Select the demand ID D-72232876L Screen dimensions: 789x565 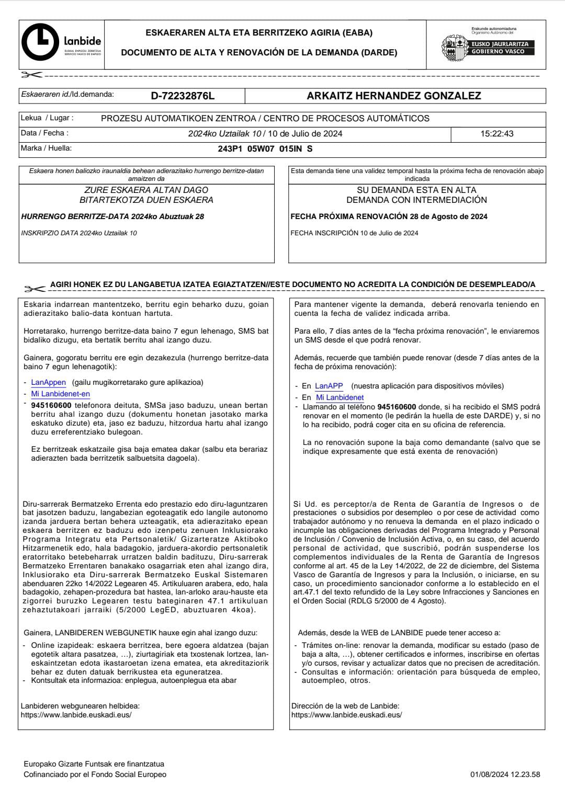click(x=183, y=96)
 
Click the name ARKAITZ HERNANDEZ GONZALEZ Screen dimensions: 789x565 click(x=394, y=96)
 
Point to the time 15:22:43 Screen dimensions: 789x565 click(x=497, y=134)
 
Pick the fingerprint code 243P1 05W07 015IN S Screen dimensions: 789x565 click(x=265, y=148)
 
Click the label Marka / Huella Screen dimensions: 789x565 click(x=46, y=148)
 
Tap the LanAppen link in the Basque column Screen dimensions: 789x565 click(x=48, y=383)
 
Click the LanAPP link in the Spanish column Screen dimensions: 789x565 click(x=329, y=386)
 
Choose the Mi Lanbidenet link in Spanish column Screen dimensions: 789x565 click(x=340, y=397)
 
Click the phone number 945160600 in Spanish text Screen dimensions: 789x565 click(x=396, y=407)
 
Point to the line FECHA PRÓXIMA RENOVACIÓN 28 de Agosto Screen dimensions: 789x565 click(x=389, y=216)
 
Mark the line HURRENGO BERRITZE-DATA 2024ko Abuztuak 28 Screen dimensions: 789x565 click(x=112, y=216)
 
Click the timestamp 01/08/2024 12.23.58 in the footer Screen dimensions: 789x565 click(x=505, y=774)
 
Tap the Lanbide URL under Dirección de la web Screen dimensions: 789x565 click(x=346, y=715)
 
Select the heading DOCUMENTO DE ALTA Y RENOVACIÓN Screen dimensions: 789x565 click(x=259, y=53)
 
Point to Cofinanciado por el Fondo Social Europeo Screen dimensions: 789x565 click(x=95, y=774)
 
